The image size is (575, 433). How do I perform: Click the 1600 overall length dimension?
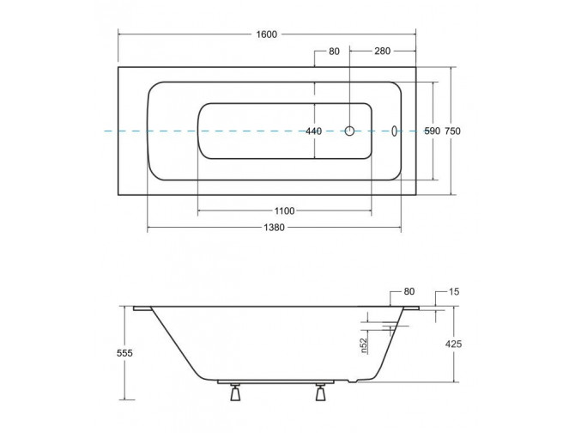coord(267,34)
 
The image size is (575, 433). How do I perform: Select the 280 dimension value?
coord(383,51)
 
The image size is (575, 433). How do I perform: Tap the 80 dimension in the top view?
coord(334,52)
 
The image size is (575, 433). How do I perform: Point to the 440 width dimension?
coord(314,131)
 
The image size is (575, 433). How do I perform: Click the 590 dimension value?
coord(432,131)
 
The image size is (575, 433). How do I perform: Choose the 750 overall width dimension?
coord(452,131)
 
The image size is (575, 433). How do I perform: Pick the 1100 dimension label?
coord(285,211)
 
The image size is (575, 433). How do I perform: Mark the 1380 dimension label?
coord(274,228)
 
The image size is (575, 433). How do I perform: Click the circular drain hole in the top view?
coord(350,131)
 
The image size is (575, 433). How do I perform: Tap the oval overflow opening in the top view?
coord(394,131)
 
